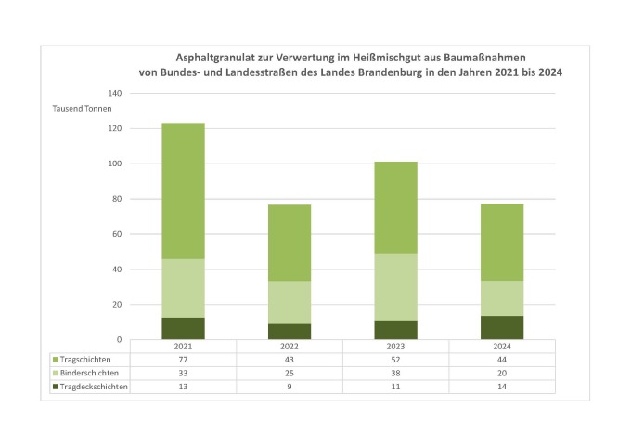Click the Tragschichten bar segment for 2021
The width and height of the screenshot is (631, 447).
pos(184,191)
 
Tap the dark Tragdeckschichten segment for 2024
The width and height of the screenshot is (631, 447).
pos(502,327)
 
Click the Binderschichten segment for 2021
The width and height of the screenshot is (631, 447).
pos(184,288)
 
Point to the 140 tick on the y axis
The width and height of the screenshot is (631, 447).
pos(116,94)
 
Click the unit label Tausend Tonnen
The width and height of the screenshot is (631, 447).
pos(82,109)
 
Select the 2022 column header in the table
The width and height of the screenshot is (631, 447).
pos(290,346)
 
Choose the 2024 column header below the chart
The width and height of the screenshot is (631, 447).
pos(502,346)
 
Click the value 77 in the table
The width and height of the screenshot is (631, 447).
pos(184,358)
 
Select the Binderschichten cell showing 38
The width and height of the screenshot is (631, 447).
pos(395,372)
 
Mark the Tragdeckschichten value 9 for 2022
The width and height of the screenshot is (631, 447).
pos(290,386)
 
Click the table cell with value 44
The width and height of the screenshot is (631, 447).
pos(502,358)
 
